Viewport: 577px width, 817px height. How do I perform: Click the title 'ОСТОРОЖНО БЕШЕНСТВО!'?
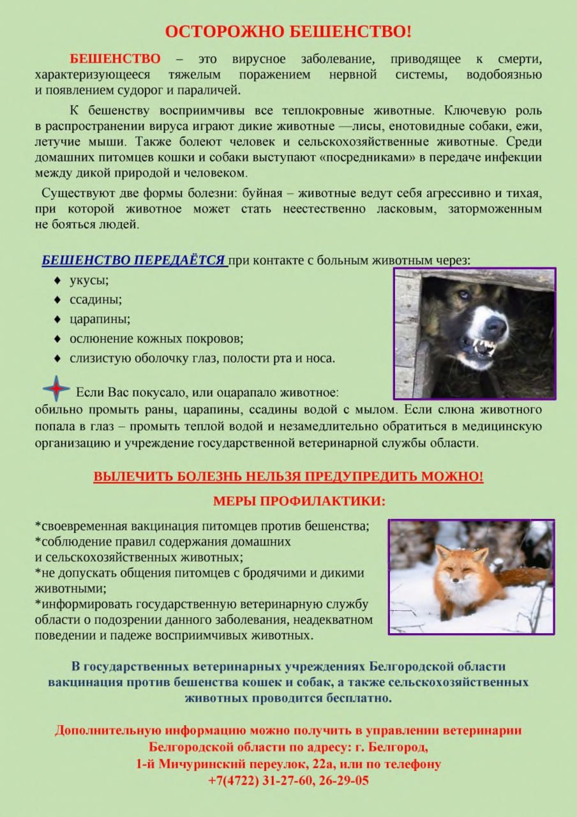(288, 31)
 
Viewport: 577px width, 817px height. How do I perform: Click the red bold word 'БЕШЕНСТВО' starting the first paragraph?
(115, 59)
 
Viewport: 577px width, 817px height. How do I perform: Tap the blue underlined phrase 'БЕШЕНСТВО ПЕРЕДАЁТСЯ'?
(133, 260)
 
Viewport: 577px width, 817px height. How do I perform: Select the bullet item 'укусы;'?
(89, 280)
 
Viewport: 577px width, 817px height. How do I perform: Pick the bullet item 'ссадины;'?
(96, 299)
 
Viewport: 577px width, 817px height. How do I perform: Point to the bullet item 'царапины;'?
(100, 319)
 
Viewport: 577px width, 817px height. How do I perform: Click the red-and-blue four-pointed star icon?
(56, 389)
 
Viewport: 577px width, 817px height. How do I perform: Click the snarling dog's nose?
(495, 327)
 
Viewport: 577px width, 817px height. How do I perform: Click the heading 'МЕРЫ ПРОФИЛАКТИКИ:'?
(299, 501)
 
